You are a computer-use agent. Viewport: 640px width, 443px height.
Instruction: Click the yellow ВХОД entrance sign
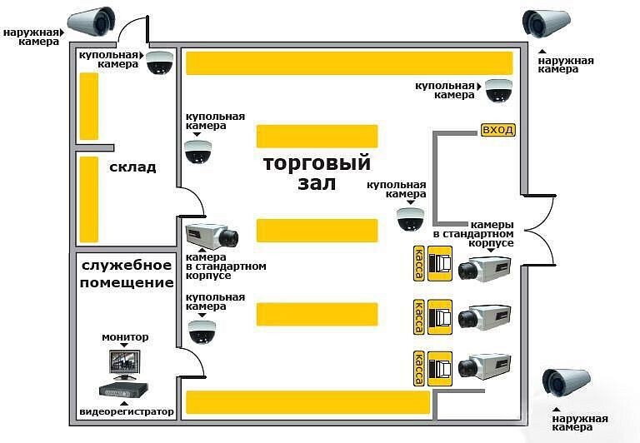(498, 130)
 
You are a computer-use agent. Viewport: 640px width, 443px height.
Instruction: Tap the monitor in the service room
(122, 363)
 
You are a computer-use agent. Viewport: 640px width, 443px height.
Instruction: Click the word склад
(132, 167)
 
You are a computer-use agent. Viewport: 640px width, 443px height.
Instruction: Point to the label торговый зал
(317, 172)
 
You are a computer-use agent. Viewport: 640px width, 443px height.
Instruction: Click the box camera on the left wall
(213, 235)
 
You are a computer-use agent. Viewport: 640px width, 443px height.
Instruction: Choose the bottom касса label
(418, 366)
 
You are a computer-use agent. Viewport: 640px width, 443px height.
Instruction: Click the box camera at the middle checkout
(485, 316)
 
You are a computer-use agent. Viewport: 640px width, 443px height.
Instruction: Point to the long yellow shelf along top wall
(348, 62)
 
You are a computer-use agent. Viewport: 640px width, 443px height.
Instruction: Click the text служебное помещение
(127, 274)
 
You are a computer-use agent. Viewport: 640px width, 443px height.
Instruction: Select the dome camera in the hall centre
(411, 218)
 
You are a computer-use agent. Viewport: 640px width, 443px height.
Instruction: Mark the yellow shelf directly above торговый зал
(317, 136)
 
